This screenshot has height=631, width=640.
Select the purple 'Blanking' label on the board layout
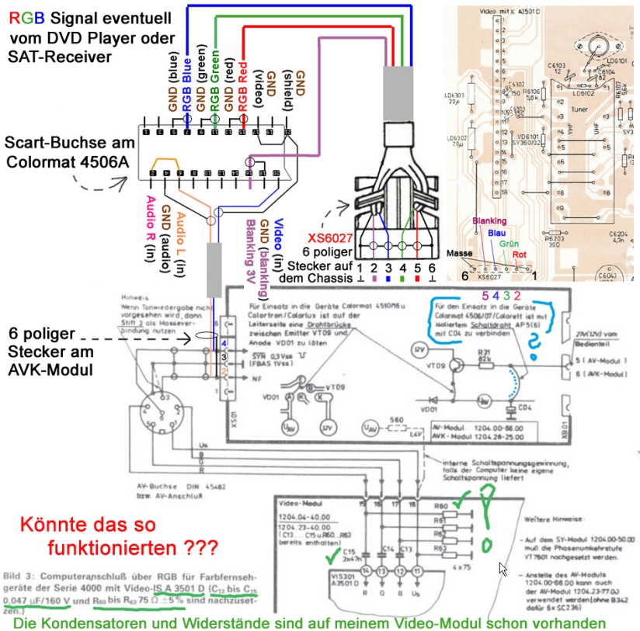pyautogui.click(x=489, y=220)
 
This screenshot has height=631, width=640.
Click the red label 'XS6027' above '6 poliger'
pyautogui.click(x=328, y=239)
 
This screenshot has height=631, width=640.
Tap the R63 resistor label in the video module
pyautogui.click(x=438, y=549)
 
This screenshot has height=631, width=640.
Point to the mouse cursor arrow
pyautogui.click(x=503, y=569)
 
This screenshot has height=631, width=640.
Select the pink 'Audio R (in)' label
pyautogui.click(x=150, y=225)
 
